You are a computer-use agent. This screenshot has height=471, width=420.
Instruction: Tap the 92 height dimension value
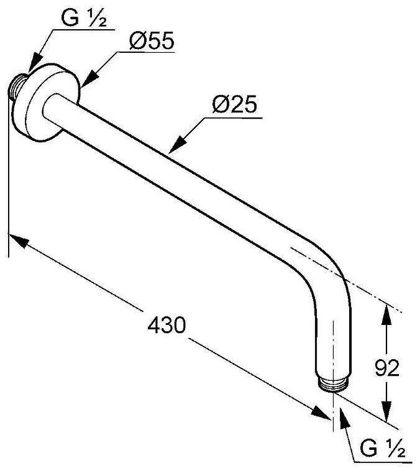[x=386, y=368]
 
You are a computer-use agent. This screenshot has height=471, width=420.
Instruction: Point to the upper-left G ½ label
[x=86, y=19]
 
